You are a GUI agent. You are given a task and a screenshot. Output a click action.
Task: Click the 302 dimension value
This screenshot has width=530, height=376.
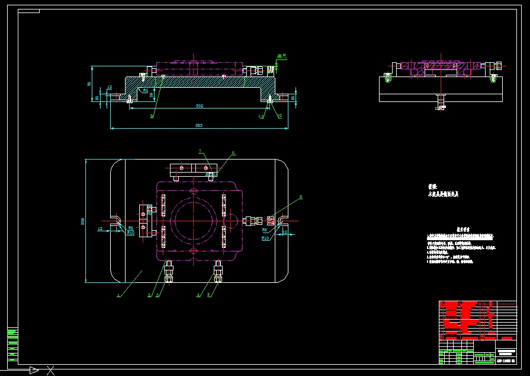(x=200, y=106)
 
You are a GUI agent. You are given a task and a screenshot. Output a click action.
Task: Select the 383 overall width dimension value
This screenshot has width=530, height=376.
(x=200, y=126)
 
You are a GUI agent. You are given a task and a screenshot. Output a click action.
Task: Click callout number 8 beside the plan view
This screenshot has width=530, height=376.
(x=301, y=196)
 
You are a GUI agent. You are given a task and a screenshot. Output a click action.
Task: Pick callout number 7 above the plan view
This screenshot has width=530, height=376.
(x=200, y=151)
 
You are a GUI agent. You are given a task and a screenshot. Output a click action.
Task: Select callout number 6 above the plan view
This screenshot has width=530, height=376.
(x=233, y=153)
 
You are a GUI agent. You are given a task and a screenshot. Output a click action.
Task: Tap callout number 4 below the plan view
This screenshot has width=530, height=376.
(x=198, y=295)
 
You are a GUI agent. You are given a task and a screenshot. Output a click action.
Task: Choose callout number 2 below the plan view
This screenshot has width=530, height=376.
(x=149, y=295)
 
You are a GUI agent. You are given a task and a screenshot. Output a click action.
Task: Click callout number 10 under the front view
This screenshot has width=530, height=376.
(x=280, y=117)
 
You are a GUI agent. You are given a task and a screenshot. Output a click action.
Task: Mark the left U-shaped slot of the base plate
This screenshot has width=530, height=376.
(x=117, y=220)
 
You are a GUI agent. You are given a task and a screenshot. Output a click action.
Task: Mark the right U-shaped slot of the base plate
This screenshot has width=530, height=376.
(x=282, y=220)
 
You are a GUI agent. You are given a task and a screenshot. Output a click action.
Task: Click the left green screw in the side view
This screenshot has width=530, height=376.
(x=387, y=77)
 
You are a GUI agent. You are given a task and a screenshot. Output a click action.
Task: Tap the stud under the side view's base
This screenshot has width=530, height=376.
(x=440, y=102)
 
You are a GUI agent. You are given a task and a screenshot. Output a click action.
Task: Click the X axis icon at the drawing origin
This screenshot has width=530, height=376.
(x=51, y=371)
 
